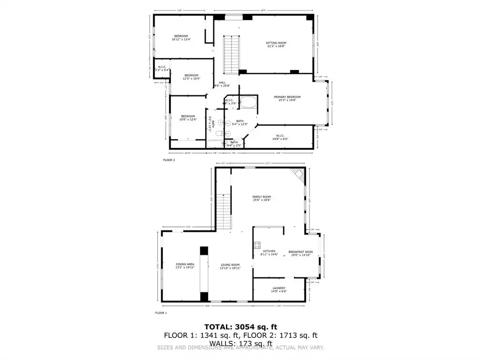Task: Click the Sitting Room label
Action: click(x=276, y=45)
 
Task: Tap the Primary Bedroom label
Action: click(x=287, y=99)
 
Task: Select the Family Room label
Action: click(x=262, y=198)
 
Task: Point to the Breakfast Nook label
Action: click(x=300, y=253)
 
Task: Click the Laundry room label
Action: click(x=279, y=290)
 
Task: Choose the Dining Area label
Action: click(x=185, y=266)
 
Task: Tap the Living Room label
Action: click(x=230, y=266)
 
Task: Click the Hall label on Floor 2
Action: click(x=222, y=84)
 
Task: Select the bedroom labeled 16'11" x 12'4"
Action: click(x=181, y=38)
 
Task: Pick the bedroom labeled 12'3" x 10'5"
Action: click(x=191, y=77)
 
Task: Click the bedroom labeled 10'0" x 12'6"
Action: click(x=188, y=117)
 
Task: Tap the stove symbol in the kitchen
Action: click(x=257, y=245)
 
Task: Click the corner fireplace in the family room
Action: click(x=297, y=176)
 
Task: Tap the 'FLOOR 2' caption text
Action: click(x=169, y=160)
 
